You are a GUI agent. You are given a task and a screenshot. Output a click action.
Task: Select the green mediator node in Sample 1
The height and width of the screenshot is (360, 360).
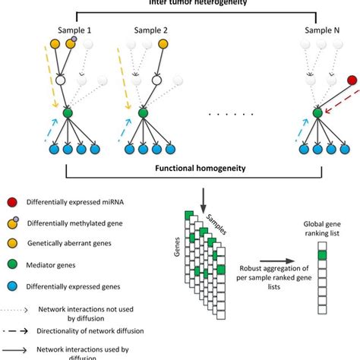[68, 114]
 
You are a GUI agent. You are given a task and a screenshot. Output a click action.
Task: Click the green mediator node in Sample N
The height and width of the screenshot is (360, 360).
[317, 114]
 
